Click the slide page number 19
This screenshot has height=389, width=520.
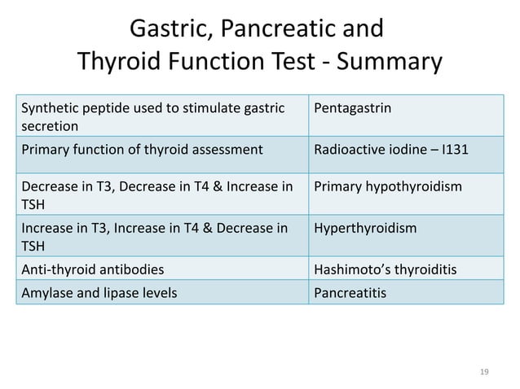coord(483,372)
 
